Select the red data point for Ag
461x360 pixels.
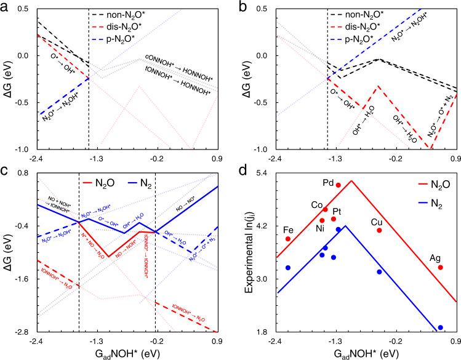click(x=441, y=267)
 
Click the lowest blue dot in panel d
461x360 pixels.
click(x=440, y=327)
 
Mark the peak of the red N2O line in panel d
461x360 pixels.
click(x=351, y=181)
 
